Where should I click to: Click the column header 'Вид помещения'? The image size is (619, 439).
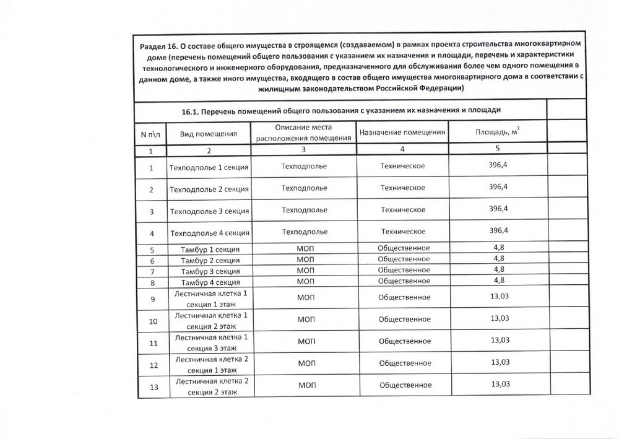[x=209, y=134]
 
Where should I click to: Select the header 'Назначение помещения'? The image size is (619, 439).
[x=402, y=133]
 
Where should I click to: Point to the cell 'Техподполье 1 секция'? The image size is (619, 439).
[x=209, y=168]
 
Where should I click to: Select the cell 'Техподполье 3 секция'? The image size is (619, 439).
[x=209, y=211]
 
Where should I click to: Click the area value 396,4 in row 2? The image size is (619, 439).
[x=498, y=186]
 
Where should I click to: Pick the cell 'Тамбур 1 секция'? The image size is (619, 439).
[x=209, y=249]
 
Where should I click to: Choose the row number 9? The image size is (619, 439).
[x=152, y=300]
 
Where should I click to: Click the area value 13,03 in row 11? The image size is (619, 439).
[x=500, y=340]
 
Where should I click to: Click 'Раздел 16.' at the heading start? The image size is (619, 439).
[x=158, y=46]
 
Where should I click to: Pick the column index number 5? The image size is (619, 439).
[x=498, y=148]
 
